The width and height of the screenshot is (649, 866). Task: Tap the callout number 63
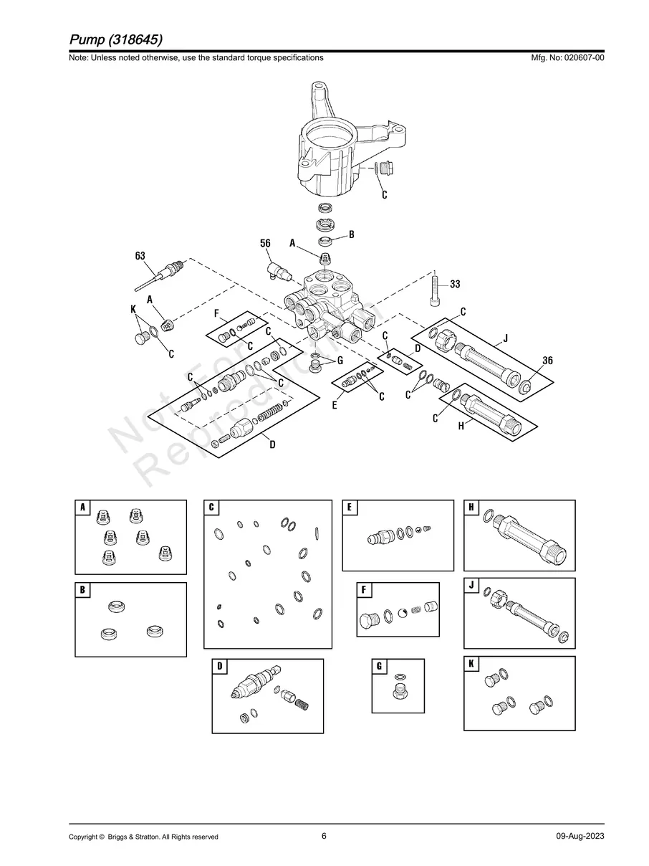tap(140, 255)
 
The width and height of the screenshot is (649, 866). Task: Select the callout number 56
tap(265, 244)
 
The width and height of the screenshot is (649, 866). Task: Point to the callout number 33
tap(454, 285)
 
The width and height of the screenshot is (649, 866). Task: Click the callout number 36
tap(547, 361)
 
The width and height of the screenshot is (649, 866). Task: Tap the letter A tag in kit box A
tap(83, 508)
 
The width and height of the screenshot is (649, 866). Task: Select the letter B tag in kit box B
tap(83, 590)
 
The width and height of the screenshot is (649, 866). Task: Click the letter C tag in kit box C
tap(212, 508)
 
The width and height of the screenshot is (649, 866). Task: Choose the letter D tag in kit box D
tap(220, 666)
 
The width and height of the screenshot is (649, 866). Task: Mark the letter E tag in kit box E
tap(350, 508)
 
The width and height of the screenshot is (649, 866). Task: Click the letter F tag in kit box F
tap(365, 590)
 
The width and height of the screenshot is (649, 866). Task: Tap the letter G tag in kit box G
tap(379, 666)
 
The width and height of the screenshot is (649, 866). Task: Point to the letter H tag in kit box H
tap(471, 508)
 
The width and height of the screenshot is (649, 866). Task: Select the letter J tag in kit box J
tap(471, 586)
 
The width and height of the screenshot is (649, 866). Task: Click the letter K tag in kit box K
tap(471, 664)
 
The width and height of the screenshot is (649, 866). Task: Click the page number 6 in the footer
tap(324, 836)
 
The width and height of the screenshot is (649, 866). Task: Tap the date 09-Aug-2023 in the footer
tap(580, 837)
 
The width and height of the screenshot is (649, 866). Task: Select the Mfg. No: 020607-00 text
tap(565, 57)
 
